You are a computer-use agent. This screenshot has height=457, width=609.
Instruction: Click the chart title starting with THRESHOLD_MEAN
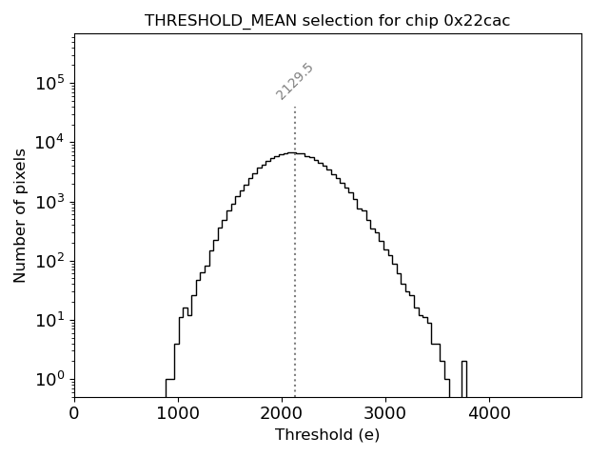(x=327, y=20)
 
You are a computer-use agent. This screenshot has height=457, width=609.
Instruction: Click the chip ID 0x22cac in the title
(x=477, y=20)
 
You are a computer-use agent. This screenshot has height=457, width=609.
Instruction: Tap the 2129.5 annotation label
(x=295, y=82)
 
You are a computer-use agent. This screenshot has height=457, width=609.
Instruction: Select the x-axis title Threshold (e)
(x=327, y=435)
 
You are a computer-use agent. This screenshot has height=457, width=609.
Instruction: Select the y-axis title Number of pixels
(x=20, y=215)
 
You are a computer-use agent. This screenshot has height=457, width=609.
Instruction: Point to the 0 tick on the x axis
(x=74, y=414)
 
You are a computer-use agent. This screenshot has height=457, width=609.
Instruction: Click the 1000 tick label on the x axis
(x=178, y=414)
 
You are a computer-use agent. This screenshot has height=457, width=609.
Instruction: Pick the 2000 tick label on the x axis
(x=282, y=414)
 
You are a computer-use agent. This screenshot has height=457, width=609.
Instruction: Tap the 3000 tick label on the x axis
(x=385, y=414)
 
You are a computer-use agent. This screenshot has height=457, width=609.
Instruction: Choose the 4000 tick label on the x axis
(x=489, y=414)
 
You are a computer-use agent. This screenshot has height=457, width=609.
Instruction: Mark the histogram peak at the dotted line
(x=295, y=152)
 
